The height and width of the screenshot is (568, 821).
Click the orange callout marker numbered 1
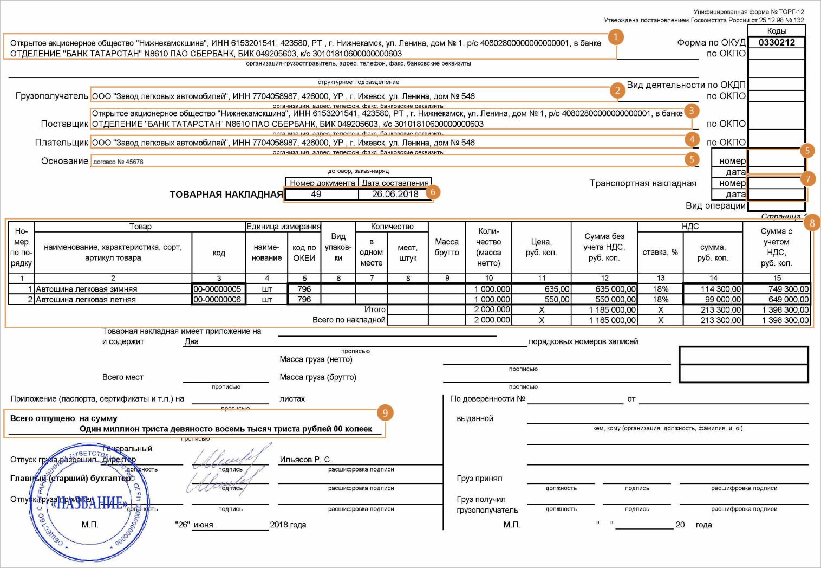pyautogui.click(x=615, y=37)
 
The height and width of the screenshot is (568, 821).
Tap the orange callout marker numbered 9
pyautogui.click(x=385, y=413)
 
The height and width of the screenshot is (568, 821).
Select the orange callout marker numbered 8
pyautogui.click(x=811, y=222)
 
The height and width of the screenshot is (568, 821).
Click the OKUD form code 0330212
pyautogui.click(x=777, y=42)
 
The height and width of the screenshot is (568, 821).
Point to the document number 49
pyautogui.click(x=316, y=194)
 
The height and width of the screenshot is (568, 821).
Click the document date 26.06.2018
pyautogui.click(x=395, y=194)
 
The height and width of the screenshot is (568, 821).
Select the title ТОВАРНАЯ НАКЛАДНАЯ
pyautogui.click(x=226, y=195)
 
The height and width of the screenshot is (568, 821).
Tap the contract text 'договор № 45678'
pyautogui.click(x=118, y=162)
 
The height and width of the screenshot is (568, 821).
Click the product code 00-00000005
pyautogui.click(x=217, y=289)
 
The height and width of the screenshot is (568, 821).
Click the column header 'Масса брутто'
pyautogui.click(x=446, y=247)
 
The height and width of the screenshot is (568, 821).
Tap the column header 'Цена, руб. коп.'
pyautogui.click(x=541, y=247)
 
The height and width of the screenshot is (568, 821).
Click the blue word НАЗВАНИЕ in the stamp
pyautogui.click(x=90, y=503)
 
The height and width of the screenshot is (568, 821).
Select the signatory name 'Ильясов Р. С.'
pyautogui.click(x=305, y=460)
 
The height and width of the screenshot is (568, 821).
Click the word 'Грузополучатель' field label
pyautogui.click(x=52, y=96)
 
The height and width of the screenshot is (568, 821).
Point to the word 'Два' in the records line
pyautogui.click(x=191, y=341)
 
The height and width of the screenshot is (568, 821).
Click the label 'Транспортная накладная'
pyautogui.click(x=643, y=183)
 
